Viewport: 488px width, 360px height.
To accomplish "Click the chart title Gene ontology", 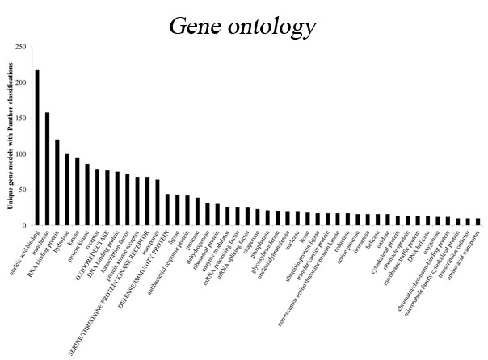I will tap(243, 26).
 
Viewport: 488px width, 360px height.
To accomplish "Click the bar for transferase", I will tap(47, 169).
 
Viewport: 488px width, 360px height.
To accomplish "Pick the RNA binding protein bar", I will tap(57, 182).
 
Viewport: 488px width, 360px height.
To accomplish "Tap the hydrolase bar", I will tap(67, 190).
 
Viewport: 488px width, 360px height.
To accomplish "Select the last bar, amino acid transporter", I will tap(477, 222).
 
